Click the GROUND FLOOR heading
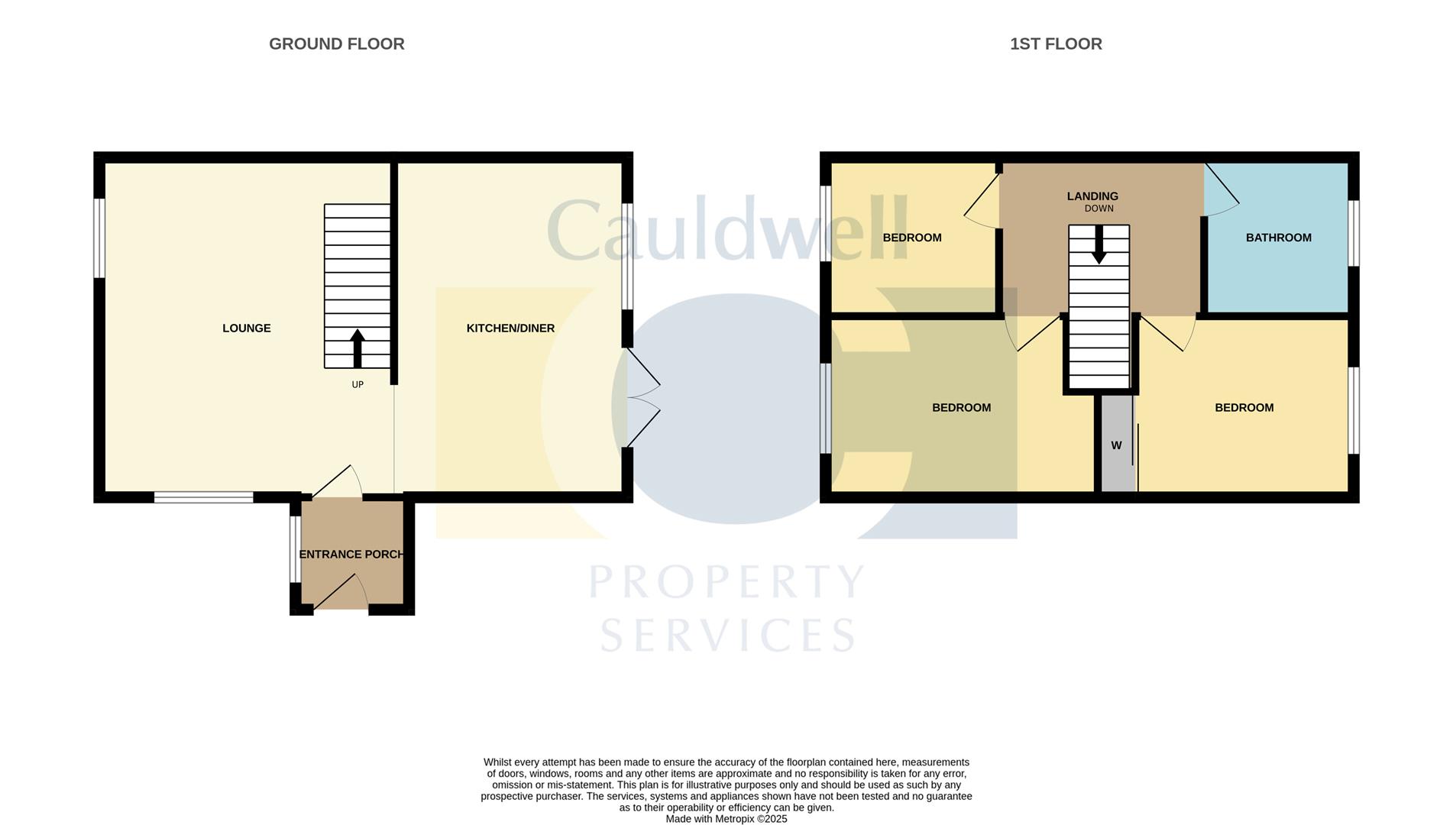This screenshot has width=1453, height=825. (x=336, y=44)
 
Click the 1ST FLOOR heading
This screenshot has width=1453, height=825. (x=1056, y=44)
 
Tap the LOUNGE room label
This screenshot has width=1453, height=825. (x=246, y=328)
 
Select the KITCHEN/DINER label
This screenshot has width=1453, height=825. (x=510, y=328)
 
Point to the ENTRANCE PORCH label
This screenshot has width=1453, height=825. (x=351, y=555)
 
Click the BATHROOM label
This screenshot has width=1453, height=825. (x=1278, y=238)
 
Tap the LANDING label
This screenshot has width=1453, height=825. (x=1092, y=196)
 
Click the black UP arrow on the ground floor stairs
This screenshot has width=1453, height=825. (x=358, y=348)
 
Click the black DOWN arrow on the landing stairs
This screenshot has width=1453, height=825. (x=1099, y=245)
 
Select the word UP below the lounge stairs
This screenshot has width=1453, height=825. (x=358, y=385)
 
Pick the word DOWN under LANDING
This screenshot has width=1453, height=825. (x=1099, y=209)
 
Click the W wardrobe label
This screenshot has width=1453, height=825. (x=1116, y=445)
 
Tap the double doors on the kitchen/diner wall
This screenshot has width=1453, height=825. (x=642, y=398)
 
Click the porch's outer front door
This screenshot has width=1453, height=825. (x=341, y=593)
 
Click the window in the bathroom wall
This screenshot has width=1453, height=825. (x=1353, y=233)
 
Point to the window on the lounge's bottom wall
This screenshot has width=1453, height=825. (x=203, y=497)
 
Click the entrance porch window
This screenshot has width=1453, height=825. (x=294, y=550)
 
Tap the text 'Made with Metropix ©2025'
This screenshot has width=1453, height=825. (x=726, y=819)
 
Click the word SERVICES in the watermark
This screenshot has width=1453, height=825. (x=728, y=635)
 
